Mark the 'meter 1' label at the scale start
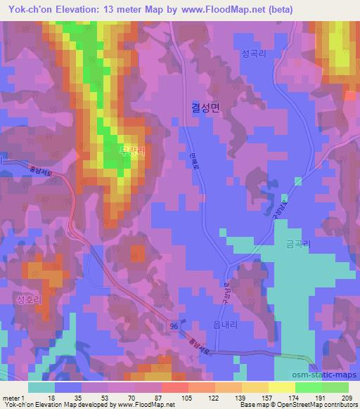coord(13,397)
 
